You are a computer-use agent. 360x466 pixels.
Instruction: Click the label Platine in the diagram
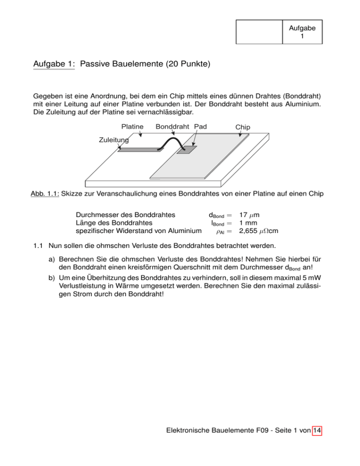pos(132,127)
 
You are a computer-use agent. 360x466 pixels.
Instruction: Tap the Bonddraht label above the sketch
pos(174,127)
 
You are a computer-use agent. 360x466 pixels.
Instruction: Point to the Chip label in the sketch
pos(243,128)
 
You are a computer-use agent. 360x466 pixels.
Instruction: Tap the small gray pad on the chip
pos(187,150)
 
